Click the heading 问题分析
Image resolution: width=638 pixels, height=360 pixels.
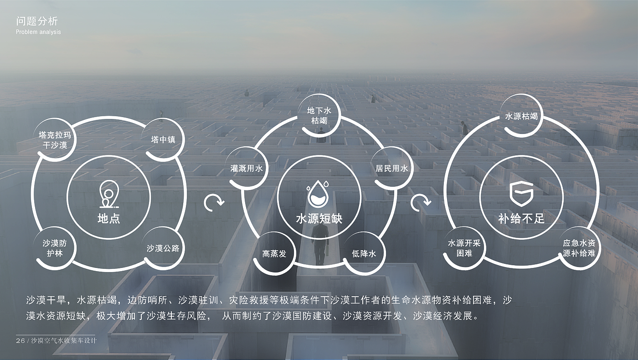click(x=37, y=21)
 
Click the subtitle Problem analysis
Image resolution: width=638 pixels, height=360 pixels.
click(x=38, y=32)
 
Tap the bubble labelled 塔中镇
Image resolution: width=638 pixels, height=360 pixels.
click(x=163, y=139)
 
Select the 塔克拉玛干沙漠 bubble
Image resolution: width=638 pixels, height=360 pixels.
click(x=55, y=140)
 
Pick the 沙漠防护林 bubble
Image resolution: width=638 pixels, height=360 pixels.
click(x=55, y=248)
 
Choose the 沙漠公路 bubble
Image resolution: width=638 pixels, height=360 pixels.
click(x=163, y=248)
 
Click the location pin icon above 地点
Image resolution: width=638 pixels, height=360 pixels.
click(x=108, y=195)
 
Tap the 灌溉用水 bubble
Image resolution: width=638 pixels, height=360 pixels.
click(x=247, y=168)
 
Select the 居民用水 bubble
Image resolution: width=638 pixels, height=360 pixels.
click(x=391, y=168)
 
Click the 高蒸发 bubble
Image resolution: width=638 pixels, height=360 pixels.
click(x=274, y=253)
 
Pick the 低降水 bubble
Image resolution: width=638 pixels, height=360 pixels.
click(x=364, y=253)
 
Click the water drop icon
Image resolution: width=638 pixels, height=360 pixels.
click(x=319, y=193)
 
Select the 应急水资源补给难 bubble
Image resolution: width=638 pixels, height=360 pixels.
click(x=579, y=248)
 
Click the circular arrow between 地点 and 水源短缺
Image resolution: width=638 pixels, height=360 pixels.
click(x=214, y=203)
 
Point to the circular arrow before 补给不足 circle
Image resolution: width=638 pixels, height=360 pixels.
click(x=420, y=203)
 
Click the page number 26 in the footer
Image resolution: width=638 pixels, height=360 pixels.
click(x=20, y=341)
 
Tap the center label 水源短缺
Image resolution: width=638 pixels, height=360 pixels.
click(x=319, y=219)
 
